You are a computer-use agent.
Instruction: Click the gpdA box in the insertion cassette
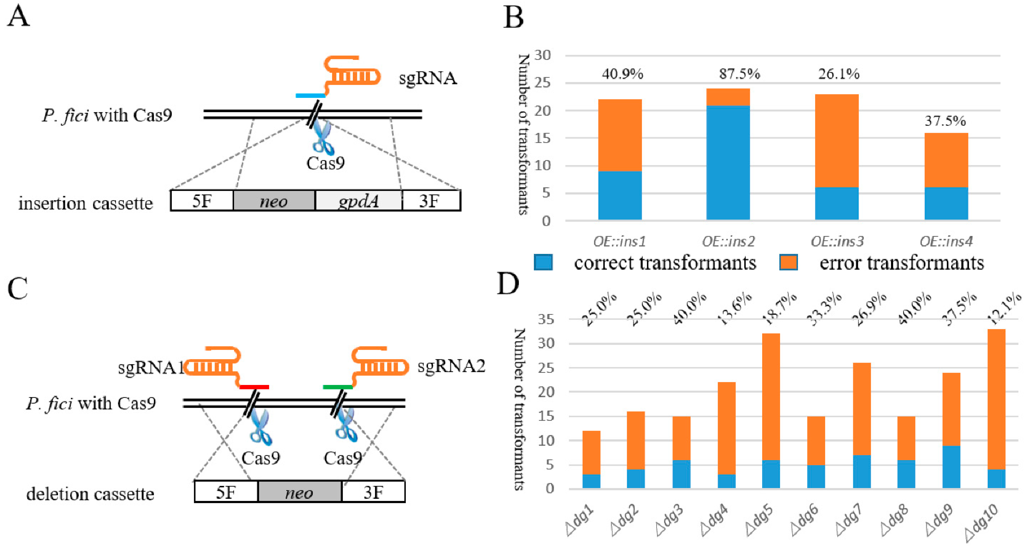(x=358, y=200)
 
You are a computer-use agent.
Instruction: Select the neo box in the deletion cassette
(x=300, y=492)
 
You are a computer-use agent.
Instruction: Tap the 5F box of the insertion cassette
(x=202, y=200)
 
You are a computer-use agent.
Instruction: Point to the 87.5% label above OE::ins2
(x=739, y=74)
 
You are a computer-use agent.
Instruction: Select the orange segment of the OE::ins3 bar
(x=836, y=141)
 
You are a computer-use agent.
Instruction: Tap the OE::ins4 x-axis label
(x=946, y=241)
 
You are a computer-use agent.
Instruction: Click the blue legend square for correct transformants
(x=543, y=262)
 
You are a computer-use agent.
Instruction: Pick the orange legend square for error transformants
(x=788, y=262)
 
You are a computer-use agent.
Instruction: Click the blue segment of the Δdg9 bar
(x=951, y=467)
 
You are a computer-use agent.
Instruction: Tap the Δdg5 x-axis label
(x=759, y=520)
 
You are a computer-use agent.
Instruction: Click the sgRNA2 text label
(x=451, y=366)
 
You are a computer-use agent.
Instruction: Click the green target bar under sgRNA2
(x=338, y=387)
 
